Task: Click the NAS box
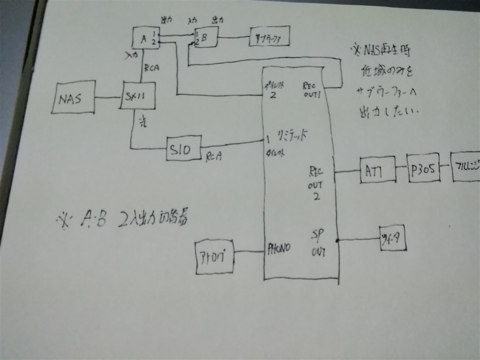[73, 98]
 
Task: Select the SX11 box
[137, 95]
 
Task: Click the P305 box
[423, 168]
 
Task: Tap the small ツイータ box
[392, 238]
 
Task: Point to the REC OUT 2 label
[315, 183]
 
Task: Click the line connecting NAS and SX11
[108, 97]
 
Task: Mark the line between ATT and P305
[401, 167]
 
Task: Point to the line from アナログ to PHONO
[248, 252]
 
